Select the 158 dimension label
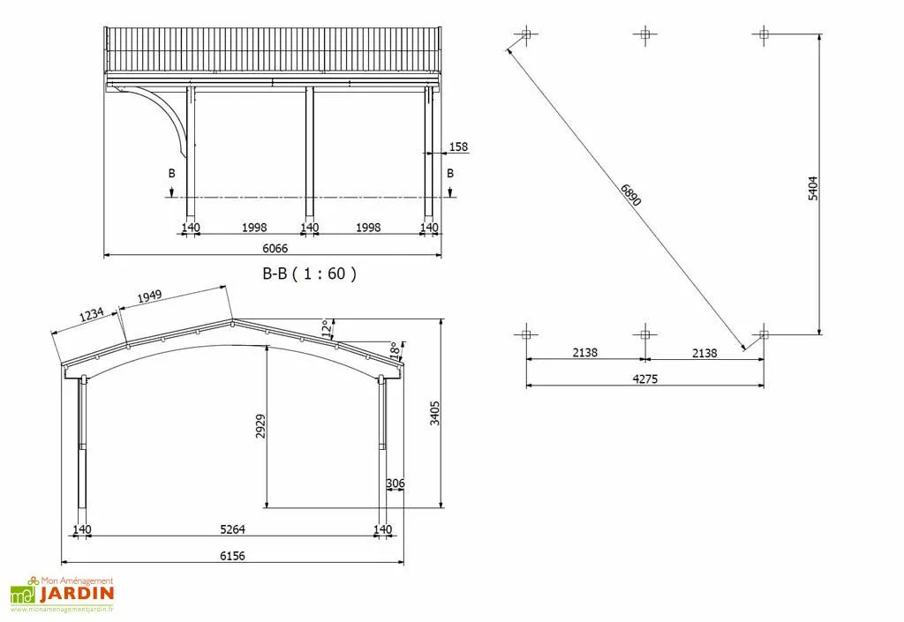458,146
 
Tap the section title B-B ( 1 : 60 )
309,274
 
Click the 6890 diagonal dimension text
629,195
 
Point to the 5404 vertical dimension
812,189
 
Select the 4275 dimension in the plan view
644,379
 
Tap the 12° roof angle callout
327,329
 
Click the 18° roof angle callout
395,350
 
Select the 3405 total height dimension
433,413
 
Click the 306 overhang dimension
395,483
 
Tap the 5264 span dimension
232,529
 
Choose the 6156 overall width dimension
232,556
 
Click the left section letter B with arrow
172,175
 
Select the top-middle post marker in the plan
644,34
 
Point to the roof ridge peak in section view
231,321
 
